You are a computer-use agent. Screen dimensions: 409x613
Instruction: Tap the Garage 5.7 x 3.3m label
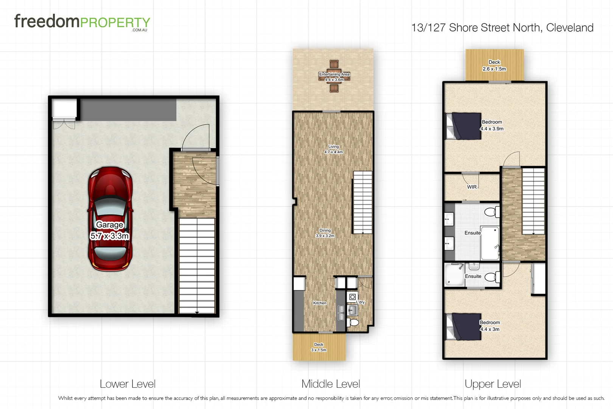coord(110,230)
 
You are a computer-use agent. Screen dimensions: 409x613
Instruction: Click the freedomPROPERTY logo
coord(82,22)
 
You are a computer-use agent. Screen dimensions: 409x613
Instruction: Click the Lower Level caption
coord(128,384)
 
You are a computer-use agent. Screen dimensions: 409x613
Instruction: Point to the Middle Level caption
coord(330,384)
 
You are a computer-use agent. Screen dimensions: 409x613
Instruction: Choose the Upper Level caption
coord(493,384)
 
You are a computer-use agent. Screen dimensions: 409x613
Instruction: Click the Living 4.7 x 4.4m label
coord(333,149)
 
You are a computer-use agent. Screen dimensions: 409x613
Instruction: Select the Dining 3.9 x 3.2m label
coord(325,233)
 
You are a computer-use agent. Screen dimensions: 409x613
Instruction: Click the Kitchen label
coord(320,303)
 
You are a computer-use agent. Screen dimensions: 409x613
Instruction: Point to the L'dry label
coord(361,302)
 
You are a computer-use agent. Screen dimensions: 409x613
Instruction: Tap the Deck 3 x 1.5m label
coord(319,347)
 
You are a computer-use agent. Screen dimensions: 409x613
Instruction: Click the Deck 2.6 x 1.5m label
coord(494,66)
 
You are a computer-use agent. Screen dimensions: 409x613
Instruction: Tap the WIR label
coord(471,187)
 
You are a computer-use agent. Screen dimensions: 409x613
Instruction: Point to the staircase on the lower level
coord(197,265)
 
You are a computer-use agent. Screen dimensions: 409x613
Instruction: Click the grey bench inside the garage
coord(129,110)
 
